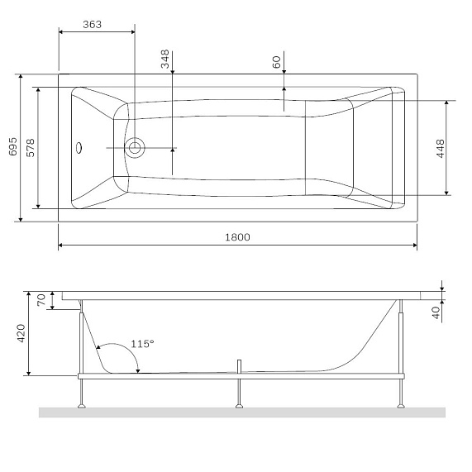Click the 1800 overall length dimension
[x=236, y=236]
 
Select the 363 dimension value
[x=93, y=24]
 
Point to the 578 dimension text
[x=30, y=147]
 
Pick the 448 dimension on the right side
[x=441, y=148]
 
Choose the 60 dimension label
[x=277, y=61]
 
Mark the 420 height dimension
[x=22, y=333]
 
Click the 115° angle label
[x=142, y=343]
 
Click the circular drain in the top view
[x=136, y=148]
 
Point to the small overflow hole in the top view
[x=79, y=149]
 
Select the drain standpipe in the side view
[x=239, y=367]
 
